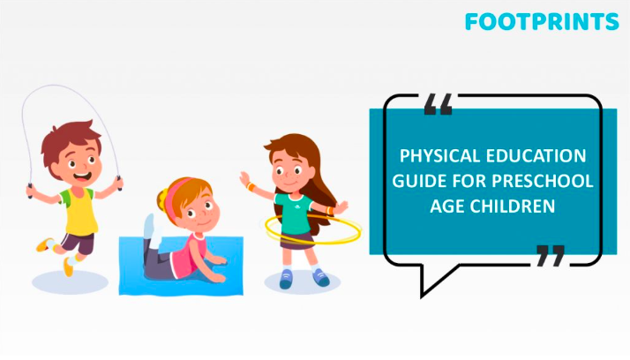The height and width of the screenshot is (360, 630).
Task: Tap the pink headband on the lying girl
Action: pyautogui.click(x=179, y=186)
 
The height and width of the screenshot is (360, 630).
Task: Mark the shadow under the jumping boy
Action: pyautogui.click(x=70, y=281)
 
